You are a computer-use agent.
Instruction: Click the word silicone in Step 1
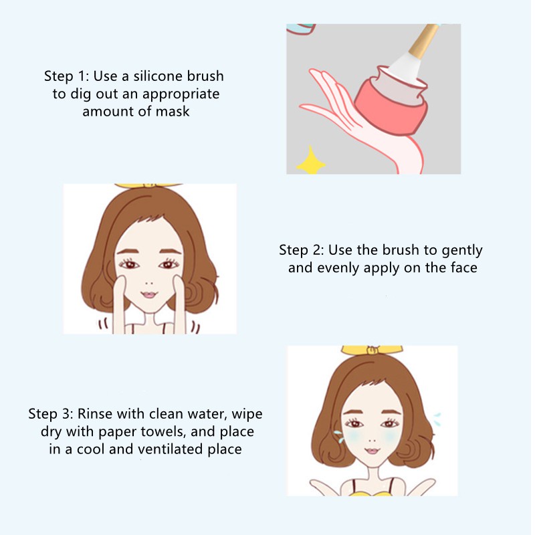coord(158,76)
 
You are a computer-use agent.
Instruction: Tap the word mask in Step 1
coord(173,112)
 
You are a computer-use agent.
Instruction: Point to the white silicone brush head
coord(405,68)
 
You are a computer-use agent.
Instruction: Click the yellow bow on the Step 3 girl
coord(372,350)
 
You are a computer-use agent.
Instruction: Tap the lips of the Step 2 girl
coord(149,294)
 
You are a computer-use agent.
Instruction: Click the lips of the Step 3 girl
coord(372,450)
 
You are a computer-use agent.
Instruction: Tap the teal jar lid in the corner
coord(301,29)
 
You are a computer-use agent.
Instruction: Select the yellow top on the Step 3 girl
coord(372,493)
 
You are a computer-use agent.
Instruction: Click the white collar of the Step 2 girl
coord(148,317)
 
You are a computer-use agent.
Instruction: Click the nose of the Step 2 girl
coord(149,283)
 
